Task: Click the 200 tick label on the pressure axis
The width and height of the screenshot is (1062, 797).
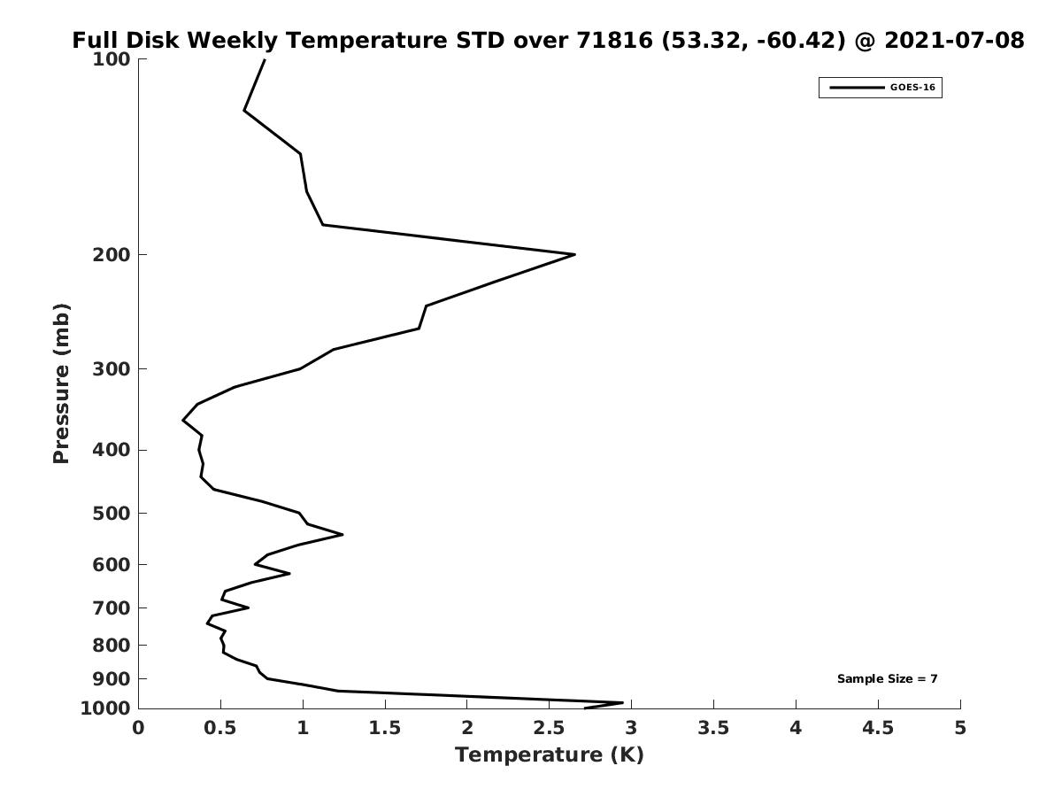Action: point(112,255)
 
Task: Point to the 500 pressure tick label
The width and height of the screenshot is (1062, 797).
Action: point(112,514)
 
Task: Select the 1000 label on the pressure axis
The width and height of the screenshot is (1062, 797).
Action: point(105,708)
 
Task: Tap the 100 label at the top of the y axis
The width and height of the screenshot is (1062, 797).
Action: point(112,59)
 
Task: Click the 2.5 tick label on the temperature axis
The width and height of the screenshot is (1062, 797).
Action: point(550,728)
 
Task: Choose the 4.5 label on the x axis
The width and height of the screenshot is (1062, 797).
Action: point(878,728)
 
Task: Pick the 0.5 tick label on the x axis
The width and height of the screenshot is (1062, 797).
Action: point(220,728)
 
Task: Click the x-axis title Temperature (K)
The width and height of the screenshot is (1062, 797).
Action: point(550,755)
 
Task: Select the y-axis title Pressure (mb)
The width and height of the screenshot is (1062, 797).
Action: point(61,383)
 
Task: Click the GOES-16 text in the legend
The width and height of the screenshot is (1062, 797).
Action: point(913,88)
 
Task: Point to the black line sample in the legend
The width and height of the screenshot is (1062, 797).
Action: point(857,88)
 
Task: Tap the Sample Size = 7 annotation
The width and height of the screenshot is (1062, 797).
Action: point(888,679)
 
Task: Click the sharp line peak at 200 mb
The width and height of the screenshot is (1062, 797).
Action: point(574,254)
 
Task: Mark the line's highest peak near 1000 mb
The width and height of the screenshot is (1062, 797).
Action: point(623,702)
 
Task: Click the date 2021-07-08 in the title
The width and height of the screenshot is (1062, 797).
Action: point(955,41)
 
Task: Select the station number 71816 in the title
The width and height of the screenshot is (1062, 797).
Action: point(614,41)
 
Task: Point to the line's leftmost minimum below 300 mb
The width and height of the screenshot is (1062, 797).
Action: point(183,421)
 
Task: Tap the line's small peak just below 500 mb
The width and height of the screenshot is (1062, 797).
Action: point(342,534)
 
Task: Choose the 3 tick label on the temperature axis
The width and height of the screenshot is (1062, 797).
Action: point(631,728)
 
